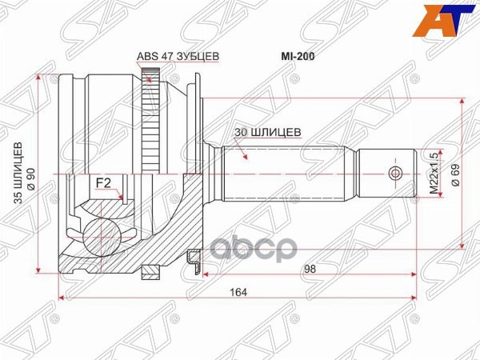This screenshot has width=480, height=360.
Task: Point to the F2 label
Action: [103, 183]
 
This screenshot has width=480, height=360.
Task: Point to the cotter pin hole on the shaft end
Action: [392, 174]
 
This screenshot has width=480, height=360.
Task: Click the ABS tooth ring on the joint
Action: [147, 120]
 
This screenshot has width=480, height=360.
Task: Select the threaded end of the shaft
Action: [384, 174]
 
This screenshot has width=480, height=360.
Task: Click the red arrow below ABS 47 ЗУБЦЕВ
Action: [148, 76]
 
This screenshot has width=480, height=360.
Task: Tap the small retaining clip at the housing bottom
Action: [191, 258]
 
